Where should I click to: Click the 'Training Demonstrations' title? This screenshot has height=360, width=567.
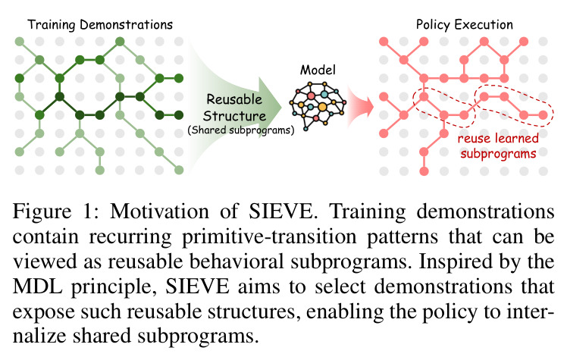pyautogui.click(x=100, y=24)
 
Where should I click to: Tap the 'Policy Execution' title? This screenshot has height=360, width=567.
pyautogui.click(x=465, y=24)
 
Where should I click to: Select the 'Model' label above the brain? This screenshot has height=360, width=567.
pyautogui.click(x=318, y=70)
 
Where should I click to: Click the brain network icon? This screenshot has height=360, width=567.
pyautogui.click(x=318, y=105)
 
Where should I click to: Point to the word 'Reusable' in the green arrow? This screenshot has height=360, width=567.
pyautogui.click(x=234, y=99)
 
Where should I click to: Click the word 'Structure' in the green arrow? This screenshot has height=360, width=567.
pyautogui.click(x=234, y=116)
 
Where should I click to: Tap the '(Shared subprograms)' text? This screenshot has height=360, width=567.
pyautogui.click(x=241, y=130)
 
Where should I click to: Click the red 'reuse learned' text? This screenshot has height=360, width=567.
pyautogui.click(x=498, y=138)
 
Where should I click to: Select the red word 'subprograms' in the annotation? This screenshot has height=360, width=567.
pyautogui.click(x=498, y=154)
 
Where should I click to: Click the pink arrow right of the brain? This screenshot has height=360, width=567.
pyautogui.click(x=361, y=107)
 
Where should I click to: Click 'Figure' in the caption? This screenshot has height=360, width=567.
pyautogui.click(x=42, y=211)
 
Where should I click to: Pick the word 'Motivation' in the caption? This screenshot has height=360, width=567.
pyautogui.click(x=159, y=211)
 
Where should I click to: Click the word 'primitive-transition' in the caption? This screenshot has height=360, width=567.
pyautogui.click(x=269, y=237)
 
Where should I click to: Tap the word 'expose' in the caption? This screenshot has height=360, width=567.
pyautogui.click(x=41, y=312)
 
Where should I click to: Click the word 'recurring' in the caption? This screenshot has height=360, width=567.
pyautogui.click(x=130, y=237)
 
